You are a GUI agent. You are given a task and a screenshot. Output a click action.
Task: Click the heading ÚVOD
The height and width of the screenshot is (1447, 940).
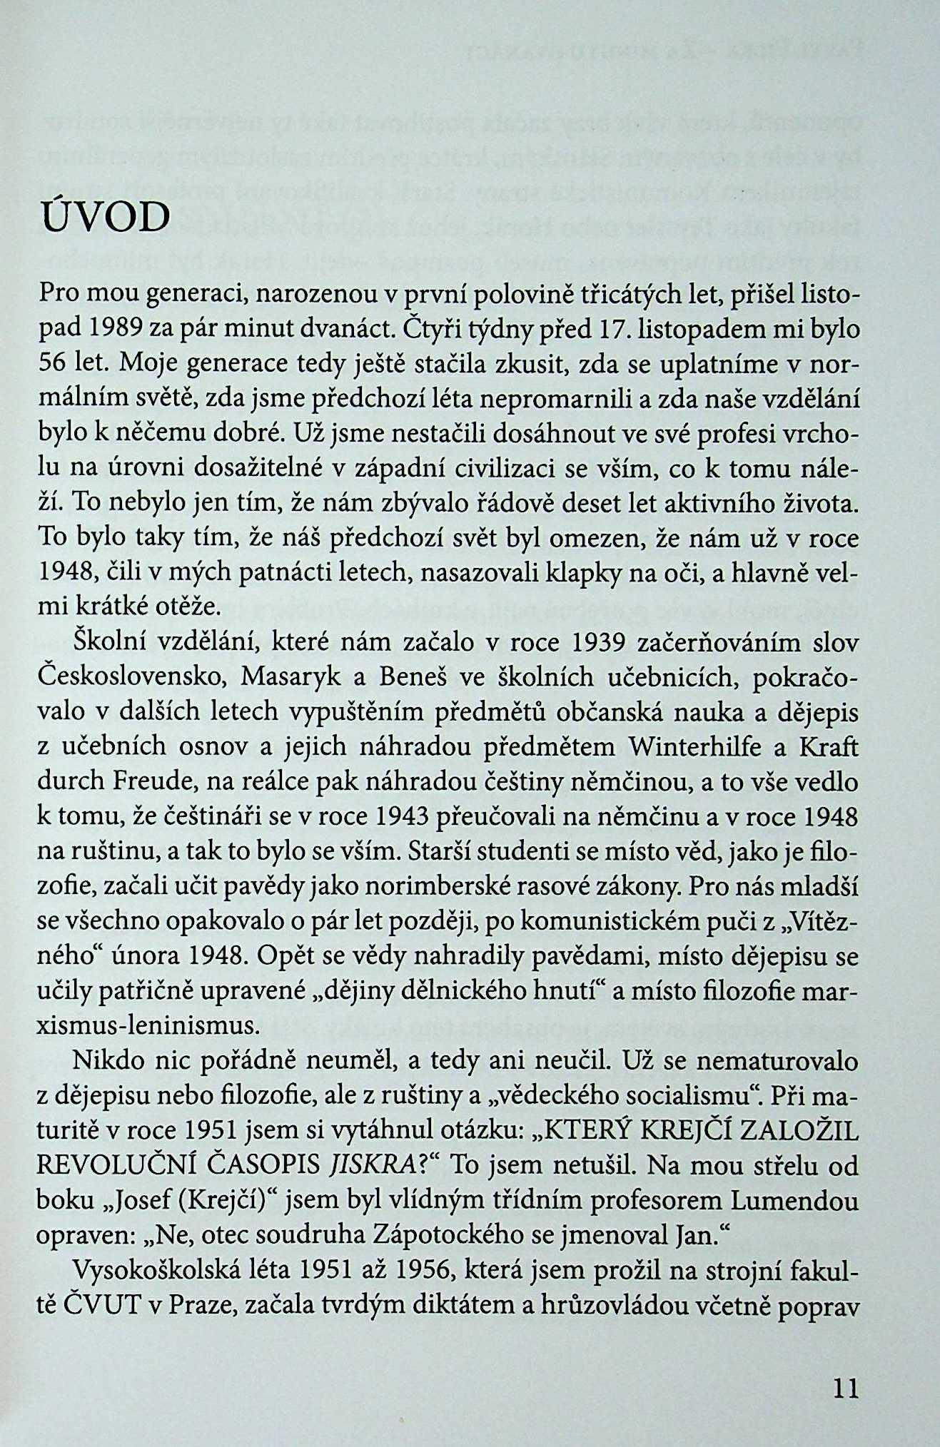tap(104, 219)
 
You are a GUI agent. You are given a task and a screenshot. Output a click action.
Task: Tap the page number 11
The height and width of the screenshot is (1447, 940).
tap(844, 1387)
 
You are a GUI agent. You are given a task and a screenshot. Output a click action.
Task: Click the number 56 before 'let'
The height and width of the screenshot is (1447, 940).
tap(54, 365)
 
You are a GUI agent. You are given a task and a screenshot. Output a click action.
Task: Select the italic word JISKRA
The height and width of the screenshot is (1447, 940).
tap(365, 1166)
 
